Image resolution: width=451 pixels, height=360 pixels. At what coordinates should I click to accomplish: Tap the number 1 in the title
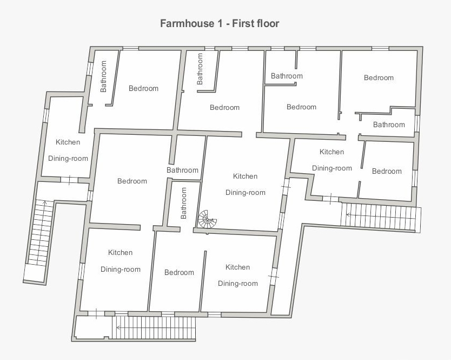point(220,23)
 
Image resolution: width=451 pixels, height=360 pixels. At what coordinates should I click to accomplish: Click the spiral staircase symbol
point(207,219)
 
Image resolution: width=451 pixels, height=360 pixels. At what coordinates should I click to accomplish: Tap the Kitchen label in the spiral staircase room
point(245,176)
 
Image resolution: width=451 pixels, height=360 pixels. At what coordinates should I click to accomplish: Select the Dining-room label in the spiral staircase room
point(246,192)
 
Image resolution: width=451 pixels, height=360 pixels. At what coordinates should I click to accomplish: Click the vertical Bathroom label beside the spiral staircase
point(183,203)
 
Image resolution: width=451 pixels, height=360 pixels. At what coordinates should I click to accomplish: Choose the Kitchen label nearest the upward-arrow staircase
point(68,142)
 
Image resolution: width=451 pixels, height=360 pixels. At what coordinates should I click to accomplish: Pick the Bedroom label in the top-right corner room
point(379,78)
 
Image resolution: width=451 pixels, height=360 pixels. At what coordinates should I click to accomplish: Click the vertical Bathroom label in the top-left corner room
point(103,76)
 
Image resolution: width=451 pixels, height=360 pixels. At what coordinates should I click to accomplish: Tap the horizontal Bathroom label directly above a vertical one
point(182,170)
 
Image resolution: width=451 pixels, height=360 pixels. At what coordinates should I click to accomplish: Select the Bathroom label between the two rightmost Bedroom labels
point(389,125)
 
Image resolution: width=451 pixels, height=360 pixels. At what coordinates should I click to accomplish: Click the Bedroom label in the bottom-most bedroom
point(179,272)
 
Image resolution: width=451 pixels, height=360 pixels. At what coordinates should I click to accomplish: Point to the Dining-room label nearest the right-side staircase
point(332,168)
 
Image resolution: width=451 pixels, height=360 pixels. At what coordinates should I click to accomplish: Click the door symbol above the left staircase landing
point(69,180)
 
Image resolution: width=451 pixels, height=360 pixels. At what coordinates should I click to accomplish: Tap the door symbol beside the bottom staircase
point(96,313)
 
